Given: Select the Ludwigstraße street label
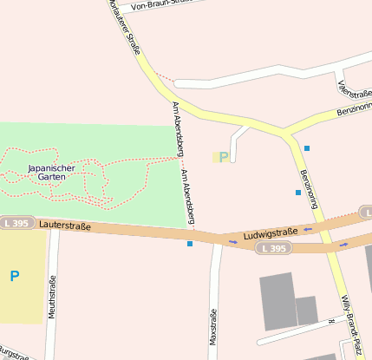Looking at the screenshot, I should point(271,232).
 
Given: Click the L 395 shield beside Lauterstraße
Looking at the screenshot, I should point(16,223).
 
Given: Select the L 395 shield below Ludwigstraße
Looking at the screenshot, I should point(272,248).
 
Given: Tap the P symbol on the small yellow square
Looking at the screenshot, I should point(223,157).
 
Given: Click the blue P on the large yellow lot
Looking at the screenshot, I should point(14,277).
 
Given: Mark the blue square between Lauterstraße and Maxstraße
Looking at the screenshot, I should point(190,244).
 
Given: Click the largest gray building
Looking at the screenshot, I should point(277,300).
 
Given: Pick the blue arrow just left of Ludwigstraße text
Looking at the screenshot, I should point(232,242).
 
